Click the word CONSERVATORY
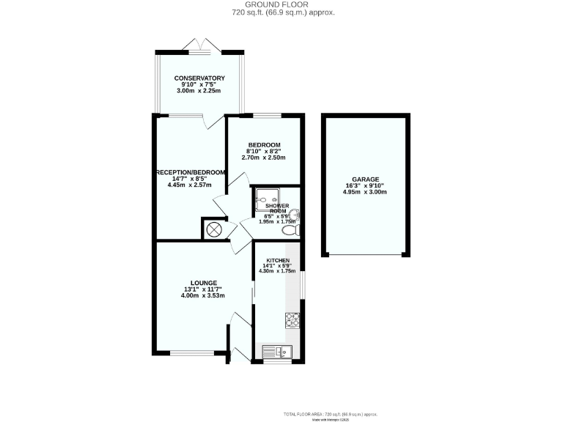[199, 78]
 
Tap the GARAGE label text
[364, 179]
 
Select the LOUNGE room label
[204, 283]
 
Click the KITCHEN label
[278, 262]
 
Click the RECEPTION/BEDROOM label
[190, 173]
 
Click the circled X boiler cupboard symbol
[214, 230]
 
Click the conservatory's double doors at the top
[199, 45]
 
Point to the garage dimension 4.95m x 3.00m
[364, 192]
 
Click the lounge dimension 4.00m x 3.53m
[204, 296]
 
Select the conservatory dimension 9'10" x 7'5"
[199, 85]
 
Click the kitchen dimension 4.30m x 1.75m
[278, 272]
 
